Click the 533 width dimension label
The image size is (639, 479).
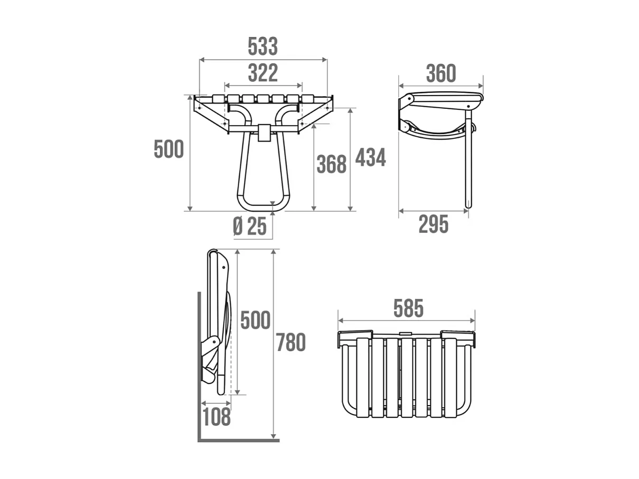[262, 46]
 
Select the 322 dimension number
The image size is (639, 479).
[262, 73]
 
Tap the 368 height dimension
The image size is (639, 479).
[331, 165]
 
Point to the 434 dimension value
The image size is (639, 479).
[370, 157]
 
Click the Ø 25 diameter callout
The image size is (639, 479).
[250, 227]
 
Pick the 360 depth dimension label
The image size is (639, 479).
[440, 74]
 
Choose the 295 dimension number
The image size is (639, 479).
[433, 224]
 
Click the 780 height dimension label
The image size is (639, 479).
[290, 343]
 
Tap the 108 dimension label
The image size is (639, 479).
[216, 417]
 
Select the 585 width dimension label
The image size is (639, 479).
[408, 309]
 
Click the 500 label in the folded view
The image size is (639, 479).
[255, 321]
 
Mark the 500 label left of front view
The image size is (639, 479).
[168, 149]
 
